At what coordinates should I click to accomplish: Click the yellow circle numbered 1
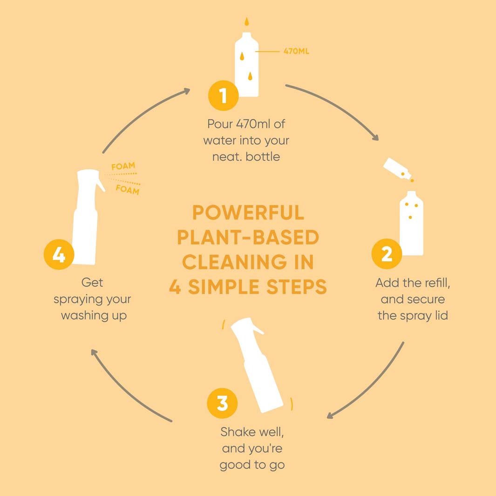[x=224, y=95]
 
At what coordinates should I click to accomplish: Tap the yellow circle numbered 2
[x=387, y=254]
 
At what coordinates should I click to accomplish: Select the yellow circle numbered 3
[x=222, y=403]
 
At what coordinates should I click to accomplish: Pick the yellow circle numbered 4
[x=59, y=254]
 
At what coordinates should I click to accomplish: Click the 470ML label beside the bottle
[x=296, y=51]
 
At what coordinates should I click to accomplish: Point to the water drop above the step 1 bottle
[x=247, y=21]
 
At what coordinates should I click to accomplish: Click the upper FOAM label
[x=123, y=166]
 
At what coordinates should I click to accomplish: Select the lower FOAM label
[x=128, y=190]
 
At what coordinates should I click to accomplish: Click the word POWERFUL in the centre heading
[x=248, y=212]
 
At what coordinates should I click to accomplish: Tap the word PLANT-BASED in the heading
[x=248, y=237]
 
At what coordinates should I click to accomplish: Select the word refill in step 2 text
[x=437, y=283]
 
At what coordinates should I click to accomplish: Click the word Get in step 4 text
[x=92, y=283]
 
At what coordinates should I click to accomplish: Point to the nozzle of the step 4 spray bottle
[x=101, y=184]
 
